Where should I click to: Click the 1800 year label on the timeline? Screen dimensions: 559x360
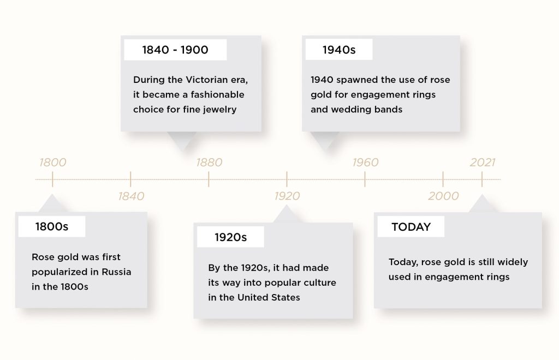coord(53,163)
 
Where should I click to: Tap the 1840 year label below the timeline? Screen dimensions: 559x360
coord(131,196)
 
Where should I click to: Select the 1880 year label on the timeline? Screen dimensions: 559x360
coord(209,163)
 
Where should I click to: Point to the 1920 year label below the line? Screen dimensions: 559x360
coord(287,196)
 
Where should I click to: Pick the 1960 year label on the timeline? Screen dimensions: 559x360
coord(365,163)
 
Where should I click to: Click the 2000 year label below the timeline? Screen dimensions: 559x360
coord(443,196)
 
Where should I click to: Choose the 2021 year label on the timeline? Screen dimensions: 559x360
coord(483,163)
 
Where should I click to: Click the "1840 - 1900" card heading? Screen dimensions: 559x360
coord(175,50)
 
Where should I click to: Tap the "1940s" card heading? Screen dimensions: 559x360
coord(339,50)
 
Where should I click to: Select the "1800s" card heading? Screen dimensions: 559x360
coord(52,226)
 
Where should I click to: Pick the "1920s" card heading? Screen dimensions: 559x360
coord(231,237)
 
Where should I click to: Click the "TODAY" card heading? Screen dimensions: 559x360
coord(411,227)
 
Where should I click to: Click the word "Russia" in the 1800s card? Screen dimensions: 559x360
coord(116,272)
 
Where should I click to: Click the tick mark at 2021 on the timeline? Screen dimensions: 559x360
coord(482,179)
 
